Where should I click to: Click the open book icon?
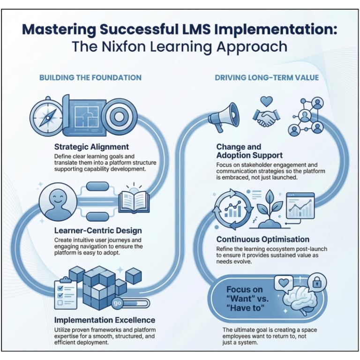pos(134,200)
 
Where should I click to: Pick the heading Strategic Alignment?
pos(91,146)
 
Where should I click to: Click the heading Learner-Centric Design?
pos(98,231)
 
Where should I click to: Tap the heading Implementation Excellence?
pos(105,320)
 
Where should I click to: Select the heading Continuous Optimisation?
pos(262,239)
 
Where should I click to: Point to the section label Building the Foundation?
pos(90,77)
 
